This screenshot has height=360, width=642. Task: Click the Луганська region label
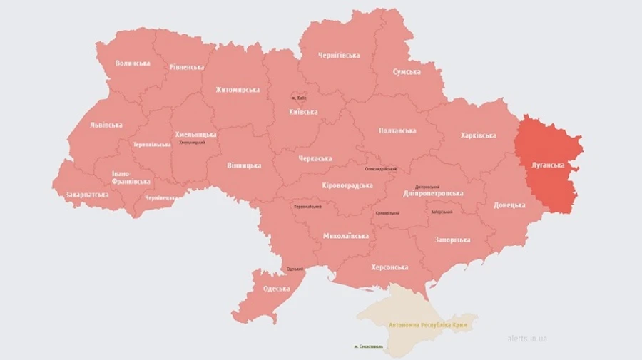point(549,165)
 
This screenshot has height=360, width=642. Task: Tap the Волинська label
point(133,63)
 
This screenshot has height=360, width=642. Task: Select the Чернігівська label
point(339,55)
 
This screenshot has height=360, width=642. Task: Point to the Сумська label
point(407,72)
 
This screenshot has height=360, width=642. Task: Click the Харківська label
point(478,135)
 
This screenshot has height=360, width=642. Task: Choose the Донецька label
point(510,205)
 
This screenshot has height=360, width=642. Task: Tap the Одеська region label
point(276,289)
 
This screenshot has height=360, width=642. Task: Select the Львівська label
point(106,125)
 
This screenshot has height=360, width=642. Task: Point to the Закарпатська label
point(87,194)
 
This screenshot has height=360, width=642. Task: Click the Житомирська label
point(238,90)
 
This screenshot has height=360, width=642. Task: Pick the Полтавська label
point(397,130)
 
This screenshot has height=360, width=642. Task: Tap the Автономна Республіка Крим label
point(432,324)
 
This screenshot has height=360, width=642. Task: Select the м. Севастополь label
point(368,347)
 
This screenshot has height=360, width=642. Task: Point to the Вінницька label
point(244,165)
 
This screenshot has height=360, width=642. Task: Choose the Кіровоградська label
point(347,185)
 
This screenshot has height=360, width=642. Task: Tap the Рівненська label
point(187,67)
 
